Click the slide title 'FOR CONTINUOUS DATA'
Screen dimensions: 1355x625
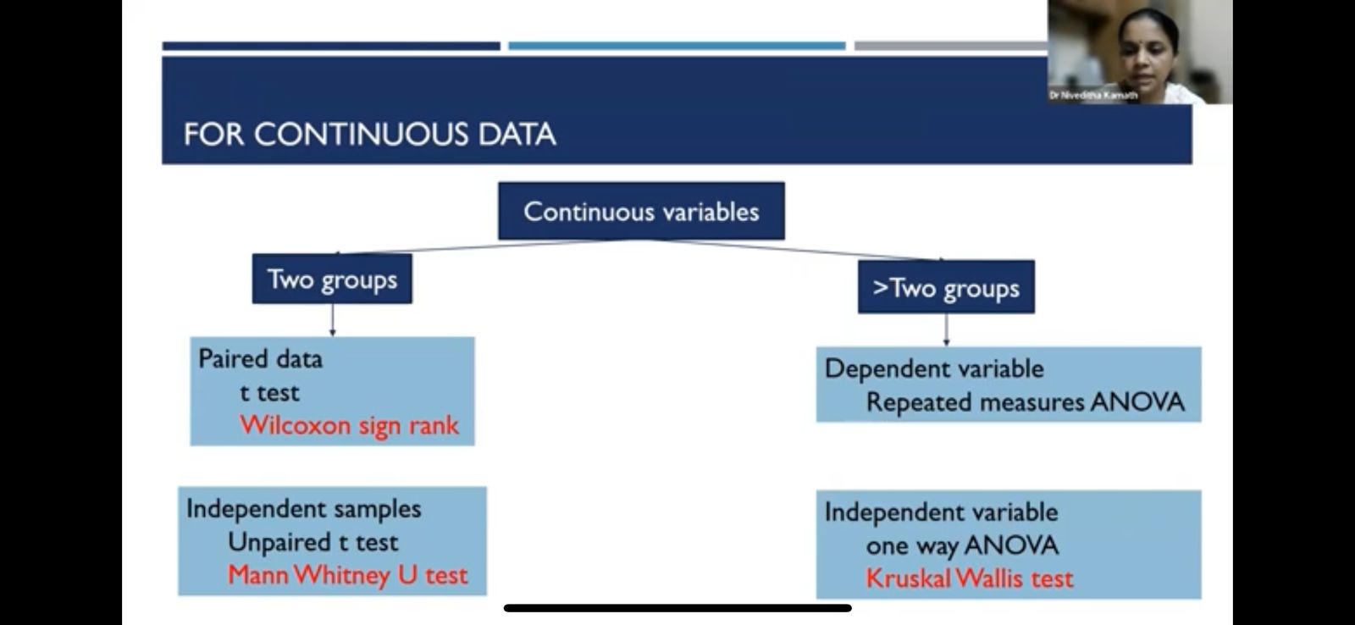pyautogui.click(x=369, y=134)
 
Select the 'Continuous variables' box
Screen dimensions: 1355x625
pyautogui.click(x=641, y=211)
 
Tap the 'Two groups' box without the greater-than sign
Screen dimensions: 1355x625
pyautogui.click(x=332, y=279)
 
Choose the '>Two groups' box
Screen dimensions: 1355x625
pyautogui.click(x=946, y=287)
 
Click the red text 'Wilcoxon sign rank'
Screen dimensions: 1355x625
pyautogui.click(x=349, y=425)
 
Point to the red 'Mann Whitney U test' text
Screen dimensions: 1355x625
pyautogui.click(x=348, y=575)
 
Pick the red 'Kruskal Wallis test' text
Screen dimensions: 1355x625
pyautogui.click(x=970, y=578)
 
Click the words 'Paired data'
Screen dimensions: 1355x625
pyautogui.click(x=260, y=359)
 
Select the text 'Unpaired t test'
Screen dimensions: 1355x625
pyautogui.click(x=312, y=542)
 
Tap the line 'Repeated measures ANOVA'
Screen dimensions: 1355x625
pyautogui.click(x=1026, y=402)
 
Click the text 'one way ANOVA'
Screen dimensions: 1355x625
pyautogui.click(x=962, y=545)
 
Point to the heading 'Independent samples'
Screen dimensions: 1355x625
pyautogui.click(x=304, y=509)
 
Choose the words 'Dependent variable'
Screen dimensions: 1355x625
pyautogui.click(x=934, y=368)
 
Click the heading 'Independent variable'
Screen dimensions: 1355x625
pyautogui.click(x=941, y=512)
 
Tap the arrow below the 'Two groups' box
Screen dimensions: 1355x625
pyautogui.click(x=332, y=320)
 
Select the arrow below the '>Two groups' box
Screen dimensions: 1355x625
pyautogui.click(x=946, y=329)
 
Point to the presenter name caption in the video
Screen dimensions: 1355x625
pyautogui.click(x=1093, y=95)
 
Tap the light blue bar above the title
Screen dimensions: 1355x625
pyautogui.click(x=677, y=46)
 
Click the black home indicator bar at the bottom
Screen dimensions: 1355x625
pyautogui.click(x=677, y=608)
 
